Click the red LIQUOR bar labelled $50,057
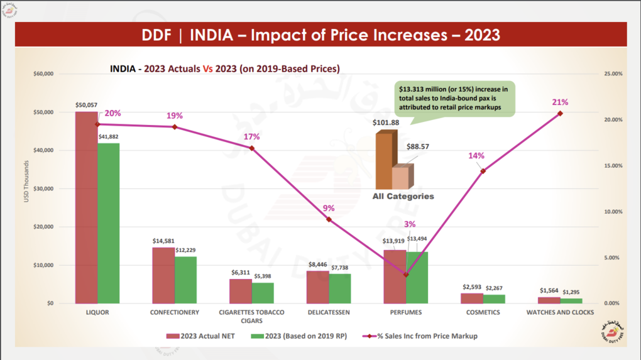point(86,207)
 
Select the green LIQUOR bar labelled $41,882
point(109,223)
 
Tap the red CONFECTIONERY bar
point(163,275)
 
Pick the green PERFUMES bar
point(417,278)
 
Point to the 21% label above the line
point(560,102)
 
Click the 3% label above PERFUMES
point(410,224)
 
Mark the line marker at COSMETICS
point(483,171)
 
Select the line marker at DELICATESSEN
point(329,219)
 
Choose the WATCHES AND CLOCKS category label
point(559,312)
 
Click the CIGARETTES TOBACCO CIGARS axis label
point(251,316)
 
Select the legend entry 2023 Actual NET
point(201,336)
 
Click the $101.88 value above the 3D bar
point(386,123)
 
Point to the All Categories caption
point(403,197)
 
